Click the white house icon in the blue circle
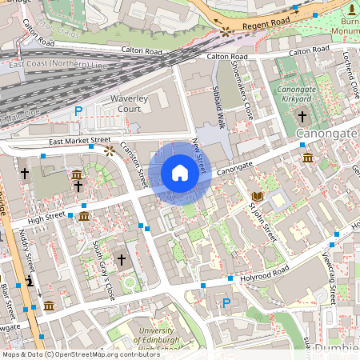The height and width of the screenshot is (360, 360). click(x=180, y=173)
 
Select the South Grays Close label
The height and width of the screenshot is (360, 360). click(x=104, y=270)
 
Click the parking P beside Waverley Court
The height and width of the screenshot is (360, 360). click(x=78, y=111)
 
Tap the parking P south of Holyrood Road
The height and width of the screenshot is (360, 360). click(x=226, y=303)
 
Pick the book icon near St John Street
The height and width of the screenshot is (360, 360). click(x=258, y=196)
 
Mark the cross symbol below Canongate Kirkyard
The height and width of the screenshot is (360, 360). click(x=302, y=116)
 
